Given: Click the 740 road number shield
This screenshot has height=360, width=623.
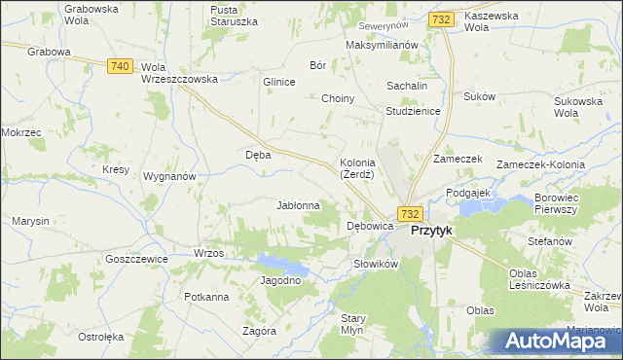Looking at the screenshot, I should point(120,65).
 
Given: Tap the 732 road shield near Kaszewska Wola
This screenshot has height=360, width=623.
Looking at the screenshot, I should point(440,19).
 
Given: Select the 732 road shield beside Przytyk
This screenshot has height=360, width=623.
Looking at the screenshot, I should point(409,214).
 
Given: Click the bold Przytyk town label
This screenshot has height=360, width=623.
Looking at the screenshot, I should point(431,231).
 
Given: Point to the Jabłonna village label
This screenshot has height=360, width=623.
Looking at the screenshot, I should point(299,205).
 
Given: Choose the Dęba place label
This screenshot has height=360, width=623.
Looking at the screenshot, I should point(257,154).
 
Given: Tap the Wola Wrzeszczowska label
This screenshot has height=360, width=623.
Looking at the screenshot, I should point(179,73).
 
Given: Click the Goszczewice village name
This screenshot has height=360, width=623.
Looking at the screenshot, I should point(137,259).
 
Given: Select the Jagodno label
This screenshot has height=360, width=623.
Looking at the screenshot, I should point(280,280).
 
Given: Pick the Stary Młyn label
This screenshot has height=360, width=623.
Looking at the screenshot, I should point(352,324).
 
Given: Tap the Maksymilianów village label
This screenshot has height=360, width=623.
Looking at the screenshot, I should point(382,45).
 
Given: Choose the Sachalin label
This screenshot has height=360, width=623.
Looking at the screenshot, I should point(408,86).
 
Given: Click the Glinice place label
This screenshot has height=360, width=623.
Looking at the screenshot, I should point(278,82).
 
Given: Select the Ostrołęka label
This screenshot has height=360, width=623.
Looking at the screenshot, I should point(101,337).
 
